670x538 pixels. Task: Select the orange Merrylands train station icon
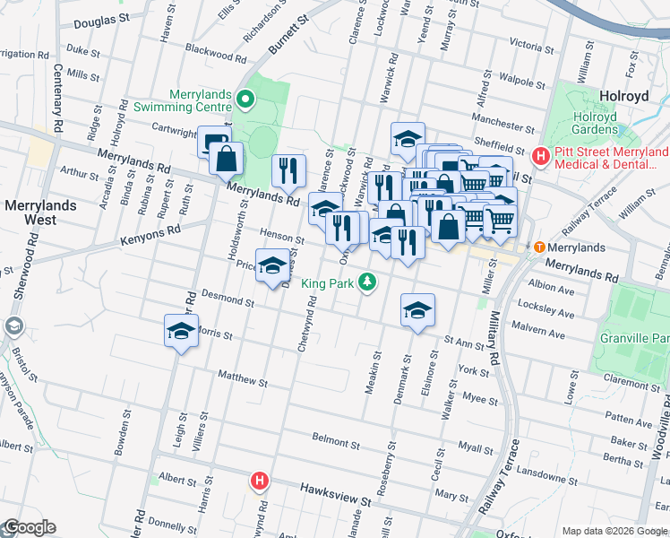click(x=539, y=247)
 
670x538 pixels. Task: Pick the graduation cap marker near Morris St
click(x=181, y=332)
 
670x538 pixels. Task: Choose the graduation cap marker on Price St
click(x=272, y=265)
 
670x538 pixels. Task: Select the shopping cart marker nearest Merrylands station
click(x=500, y=219)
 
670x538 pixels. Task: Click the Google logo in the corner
click(x=29, y=527)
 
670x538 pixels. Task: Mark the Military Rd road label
click(x=493, y=335)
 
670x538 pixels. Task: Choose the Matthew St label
click(x=236, y=377)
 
